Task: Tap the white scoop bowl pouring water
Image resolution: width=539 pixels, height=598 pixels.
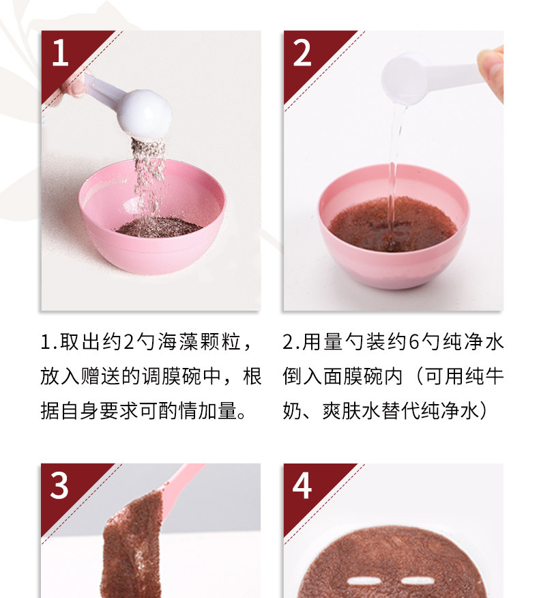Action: coord(405,79)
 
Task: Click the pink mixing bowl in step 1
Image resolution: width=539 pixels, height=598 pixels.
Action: coord(152,217)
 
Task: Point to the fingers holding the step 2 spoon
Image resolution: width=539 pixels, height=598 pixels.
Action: coord(491,72)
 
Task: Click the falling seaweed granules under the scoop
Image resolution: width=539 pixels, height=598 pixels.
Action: coord(148,175)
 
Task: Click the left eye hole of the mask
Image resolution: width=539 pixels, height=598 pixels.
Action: coord(365,581)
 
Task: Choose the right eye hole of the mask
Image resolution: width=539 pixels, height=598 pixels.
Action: coord(418,581)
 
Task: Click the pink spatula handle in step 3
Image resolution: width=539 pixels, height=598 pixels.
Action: coord(183,481)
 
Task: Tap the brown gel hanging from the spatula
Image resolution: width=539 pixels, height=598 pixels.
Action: coord(132,545)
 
